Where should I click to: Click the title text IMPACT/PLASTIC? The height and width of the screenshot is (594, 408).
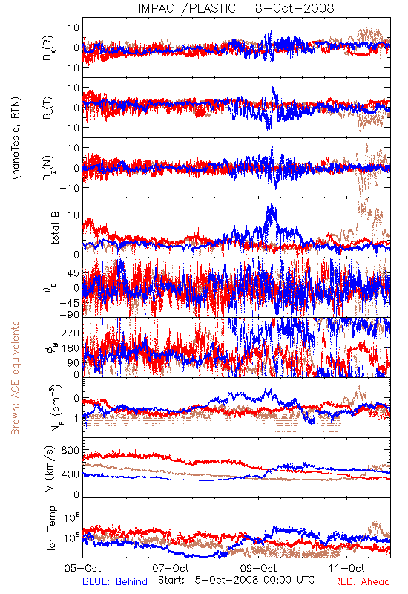coord(187,8)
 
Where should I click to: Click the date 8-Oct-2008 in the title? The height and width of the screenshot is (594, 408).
coord(295,8)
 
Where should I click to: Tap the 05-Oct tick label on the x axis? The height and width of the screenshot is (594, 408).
coord(82,568)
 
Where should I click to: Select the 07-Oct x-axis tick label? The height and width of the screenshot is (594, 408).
coord(171,568)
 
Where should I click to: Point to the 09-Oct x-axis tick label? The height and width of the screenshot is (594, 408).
coord(259,568)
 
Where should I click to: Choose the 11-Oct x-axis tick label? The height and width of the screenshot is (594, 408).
coord(346,568)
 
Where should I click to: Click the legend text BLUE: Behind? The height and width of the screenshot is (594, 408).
coord(115,581)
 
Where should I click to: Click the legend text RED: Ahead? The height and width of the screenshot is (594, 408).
coord(362,581)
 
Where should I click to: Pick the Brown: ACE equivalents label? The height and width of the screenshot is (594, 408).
coord(15,378)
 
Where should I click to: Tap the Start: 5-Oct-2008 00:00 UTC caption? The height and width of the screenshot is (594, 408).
coord(236,580)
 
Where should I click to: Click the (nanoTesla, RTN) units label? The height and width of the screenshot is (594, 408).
coord(16,137)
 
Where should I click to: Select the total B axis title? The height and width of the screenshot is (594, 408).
coord(55,228)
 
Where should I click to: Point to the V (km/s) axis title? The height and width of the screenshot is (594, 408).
coord(50,469)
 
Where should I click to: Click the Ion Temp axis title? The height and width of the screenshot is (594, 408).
coord(51,528)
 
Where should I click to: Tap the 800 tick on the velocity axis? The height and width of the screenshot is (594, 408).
coord(70,450)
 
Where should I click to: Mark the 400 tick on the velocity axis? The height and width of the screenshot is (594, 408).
coord(70,474)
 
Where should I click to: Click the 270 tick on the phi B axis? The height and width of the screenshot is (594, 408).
coord(70,333)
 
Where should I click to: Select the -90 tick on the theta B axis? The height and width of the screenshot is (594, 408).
coord(70,314)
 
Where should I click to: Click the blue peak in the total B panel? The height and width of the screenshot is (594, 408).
coord(271,206)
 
